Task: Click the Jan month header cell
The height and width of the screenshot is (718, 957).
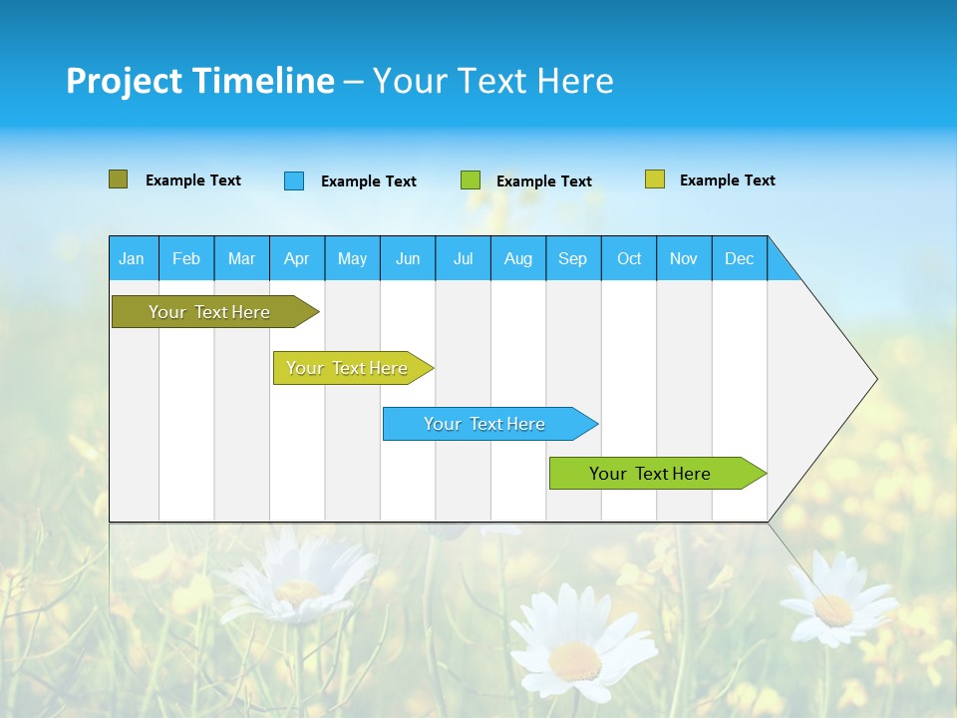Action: click(x=133, y=258)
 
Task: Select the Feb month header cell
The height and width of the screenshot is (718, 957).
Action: click(x=186, y=258)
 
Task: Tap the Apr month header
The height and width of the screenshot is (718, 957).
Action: click(x=297, y=258)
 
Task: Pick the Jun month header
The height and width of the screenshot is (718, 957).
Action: click(x=408, y=258)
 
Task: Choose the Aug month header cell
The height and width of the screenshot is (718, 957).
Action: click(x=518, y=258)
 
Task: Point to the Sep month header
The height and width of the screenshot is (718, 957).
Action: click(x=573, y=258)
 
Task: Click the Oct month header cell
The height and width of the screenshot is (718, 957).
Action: click(x=629, y=258)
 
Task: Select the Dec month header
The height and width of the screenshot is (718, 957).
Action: click(x=740, y=258)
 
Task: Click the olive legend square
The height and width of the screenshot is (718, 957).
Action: click(x=119, y=179)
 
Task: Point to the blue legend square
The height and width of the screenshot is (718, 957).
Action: click(x=294, y=180)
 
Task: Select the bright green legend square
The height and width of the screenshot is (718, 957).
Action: click(x=471, y=180)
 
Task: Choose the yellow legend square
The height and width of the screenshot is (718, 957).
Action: click(x=655, y=179)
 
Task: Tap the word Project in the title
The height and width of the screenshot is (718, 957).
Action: click(x=123, y=81)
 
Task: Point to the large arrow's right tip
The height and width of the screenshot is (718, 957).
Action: click(x=874, y=379)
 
